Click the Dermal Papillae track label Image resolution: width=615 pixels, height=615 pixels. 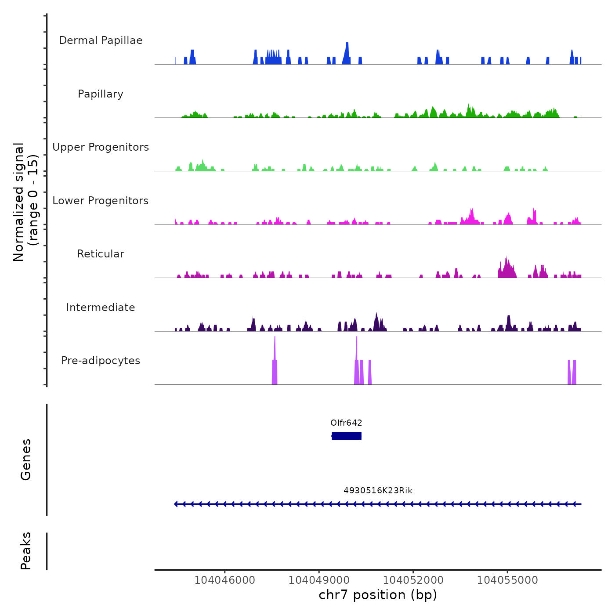[101, 40]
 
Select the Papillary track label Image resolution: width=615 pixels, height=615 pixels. [101, 94]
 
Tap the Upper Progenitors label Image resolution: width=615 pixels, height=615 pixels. [101, 147]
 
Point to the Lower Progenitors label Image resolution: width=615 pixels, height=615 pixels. [101, 201]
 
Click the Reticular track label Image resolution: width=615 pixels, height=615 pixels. [101, 254]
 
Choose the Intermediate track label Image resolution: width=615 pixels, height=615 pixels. [101, 307]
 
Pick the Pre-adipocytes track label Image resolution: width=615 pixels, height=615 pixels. [101, 361]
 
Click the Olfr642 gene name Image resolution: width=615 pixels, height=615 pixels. [346, 423]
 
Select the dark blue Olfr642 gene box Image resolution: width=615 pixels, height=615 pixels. [347, 436]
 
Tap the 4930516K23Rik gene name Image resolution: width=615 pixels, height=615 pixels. [378, 491]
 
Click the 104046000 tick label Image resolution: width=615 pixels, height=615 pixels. [224, 580]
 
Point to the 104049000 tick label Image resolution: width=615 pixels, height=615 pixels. [319, 580]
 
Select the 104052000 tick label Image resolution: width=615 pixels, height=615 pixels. [413, 580]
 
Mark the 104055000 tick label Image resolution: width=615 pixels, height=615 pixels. [507, 580]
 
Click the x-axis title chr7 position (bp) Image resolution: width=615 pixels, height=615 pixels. [378, 595]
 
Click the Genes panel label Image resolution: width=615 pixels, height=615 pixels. [26, 459]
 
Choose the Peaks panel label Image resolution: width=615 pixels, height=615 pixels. [26, 551]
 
